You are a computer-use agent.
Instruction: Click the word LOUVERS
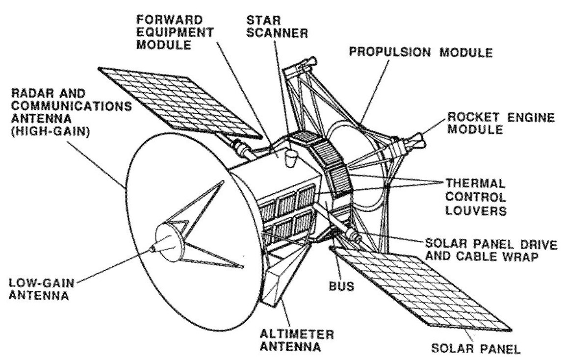tap(473, 211)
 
